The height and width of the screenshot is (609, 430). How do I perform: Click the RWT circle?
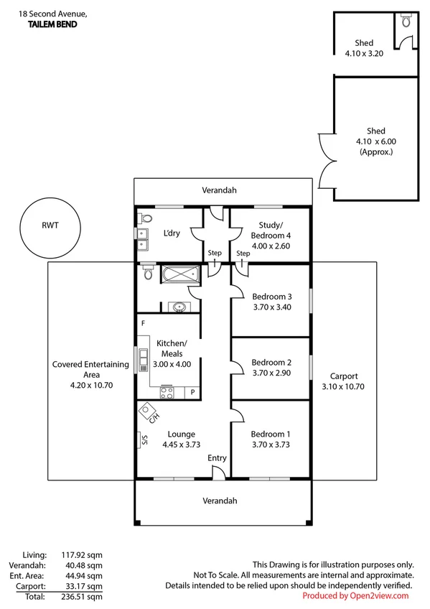(x=50, y=224)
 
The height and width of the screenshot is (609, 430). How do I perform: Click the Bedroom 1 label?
(x=271, y=434)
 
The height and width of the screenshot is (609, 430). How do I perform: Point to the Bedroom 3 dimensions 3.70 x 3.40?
(x=271, y=307)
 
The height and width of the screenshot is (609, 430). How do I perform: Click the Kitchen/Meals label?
(x=172, y=348)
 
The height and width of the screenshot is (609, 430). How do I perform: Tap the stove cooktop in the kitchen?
(x=167, y=392)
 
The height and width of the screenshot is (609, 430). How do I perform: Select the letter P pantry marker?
(x=192, y=392)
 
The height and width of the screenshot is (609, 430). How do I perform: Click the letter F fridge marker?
(x=144, y=324)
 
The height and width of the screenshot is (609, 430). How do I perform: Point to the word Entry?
(x=217, y=458)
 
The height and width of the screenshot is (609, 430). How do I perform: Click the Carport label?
(x=343, y=376)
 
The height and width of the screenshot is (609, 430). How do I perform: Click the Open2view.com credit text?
(x=355, y=595)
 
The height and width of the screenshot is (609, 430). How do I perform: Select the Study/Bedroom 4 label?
(x=271, y=230)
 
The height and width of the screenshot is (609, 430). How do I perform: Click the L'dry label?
(x=172, y=233)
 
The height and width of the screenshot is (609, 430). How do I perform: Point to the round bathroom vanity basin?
(x=178, y=307)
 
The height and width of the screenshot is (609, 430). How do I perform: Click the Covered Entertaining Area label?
(x=90, y=369)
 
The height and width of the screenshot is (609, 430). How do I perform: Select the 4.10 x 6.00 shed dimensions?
(x=375, y=141)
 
